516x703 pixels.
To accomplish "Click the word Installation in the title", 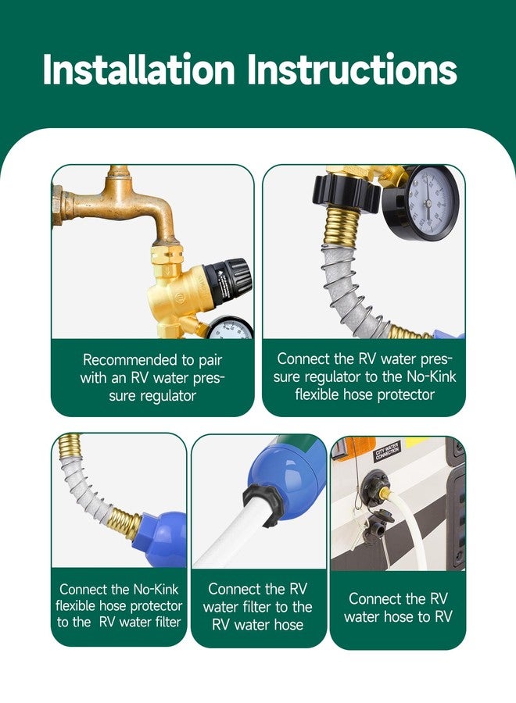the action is coord(139,70).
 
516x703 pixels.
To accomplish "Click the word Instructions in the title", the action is coord(353,70).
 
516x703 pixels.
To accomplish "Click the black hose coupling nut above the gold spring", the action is coord(347,194).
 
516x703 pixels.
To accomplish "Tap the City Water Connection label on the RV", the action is coord(388,452).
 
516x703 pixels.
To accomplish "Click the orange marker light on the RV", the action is coord(355,448).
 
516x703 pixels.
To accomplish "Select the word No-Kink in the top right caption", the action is coord(432,376).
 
